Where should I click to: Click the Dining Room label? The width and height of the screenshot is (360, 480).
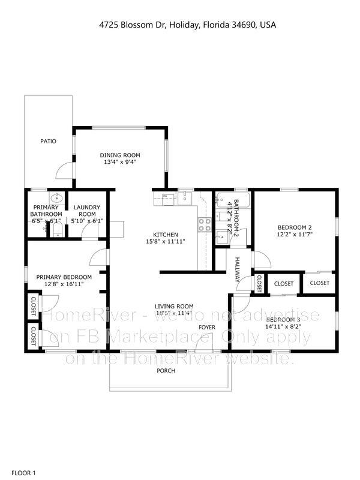tap(119, 155)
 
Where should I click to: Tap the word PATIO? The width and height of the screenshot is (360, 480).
tap(48, 142)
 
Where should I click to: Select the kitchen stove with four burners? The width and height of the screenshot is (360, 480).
tap(205, 224)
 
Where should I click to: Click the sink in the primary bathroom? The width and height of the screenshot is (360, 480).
tap(57, 197)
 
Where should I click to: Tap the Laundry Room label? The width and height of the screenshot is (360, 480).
tap(88, 211)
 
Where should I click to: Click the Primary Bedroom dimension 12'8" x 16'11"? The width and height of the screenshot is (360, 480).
tap(64, 284)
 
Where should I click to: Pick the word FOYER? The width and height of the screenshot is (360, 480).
tap(207, 328)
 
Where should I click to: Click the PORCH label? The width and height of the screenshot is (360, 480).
tap(166, 371)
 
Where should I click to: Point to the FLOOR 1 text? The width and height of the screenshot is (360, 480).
tap(24, 473)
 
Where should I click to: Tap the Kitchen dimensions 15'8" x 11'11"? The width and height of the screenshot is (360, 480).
tap(165, 241)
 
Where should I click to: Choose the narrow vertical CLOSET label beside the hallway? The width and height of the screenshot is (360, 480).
tap(259, 283)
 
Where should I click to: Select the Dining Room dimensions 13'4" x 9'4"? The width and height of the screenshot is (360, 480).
tap(119, 162)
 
